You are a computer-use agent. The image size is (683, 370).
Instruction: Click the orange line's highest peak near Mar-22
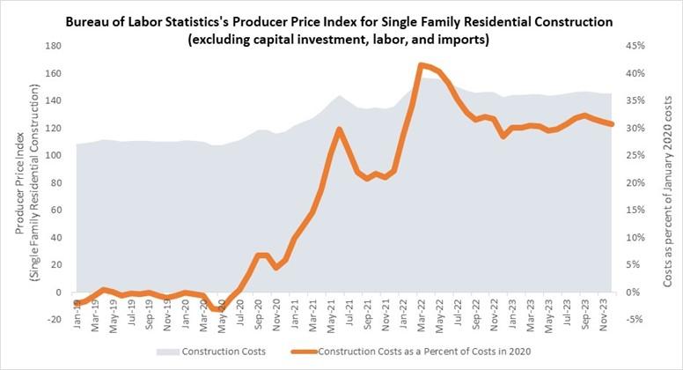click(422, 64)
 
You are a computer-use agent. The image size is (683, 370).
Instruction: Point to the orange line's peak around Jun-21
click(339, 129)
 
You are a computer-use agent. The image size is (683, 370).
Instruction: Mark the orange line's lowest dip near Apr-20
click(220, 309)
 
